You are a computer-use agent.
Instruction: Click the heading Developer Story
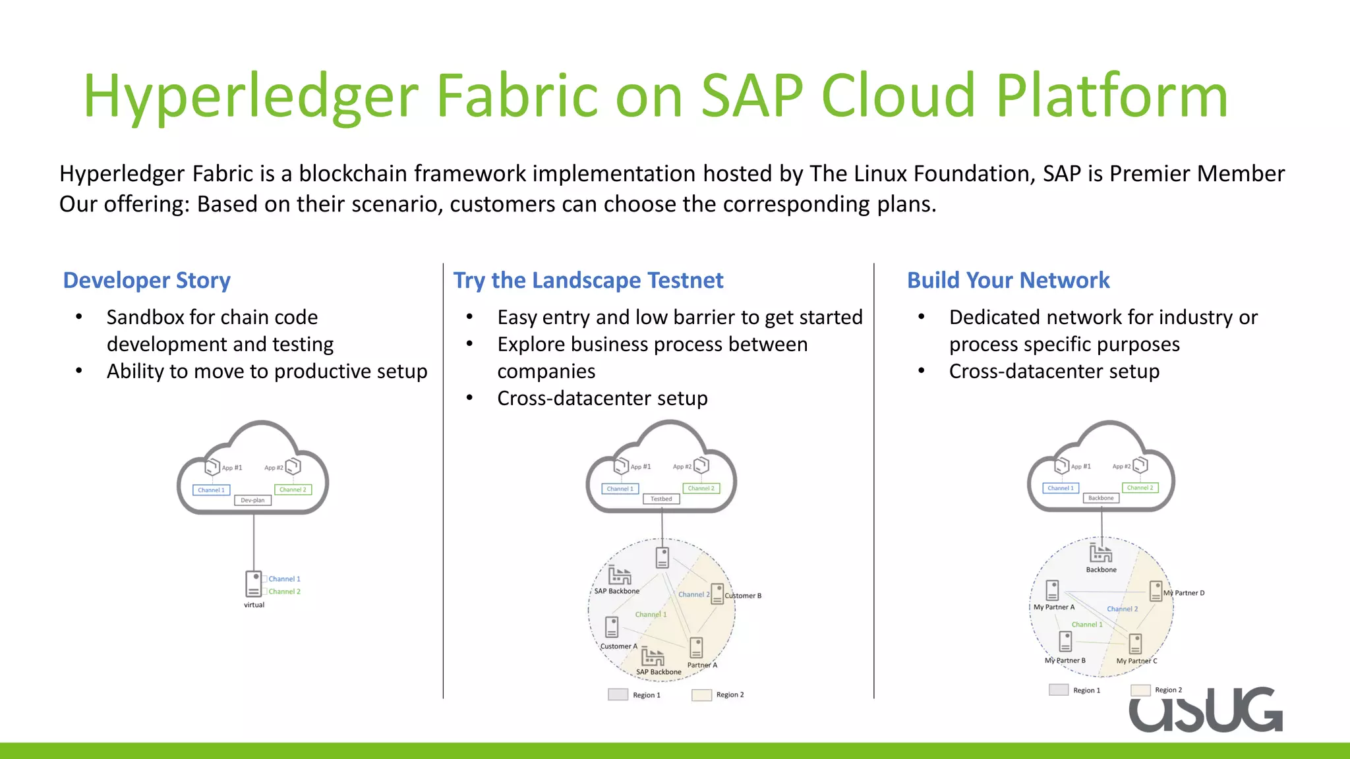[146, 281]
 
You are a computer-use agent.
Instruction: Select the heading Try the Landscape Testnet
[588, 281]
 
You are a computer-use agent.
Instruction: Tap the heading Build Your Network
[1008, 281]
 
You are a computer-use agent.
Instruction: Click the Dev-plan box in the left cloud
[252, 500]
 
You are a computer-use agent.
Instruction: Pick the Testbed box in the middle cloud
[661, 499]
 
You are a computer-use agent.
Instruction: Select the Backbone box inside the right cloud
[1101, 498]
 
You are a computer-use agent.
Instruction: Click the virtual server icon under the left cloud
[253, 584]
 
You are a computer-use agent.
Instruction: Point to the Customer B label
[743, 596]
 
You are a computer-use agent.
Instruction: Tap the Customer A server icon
[612, 627]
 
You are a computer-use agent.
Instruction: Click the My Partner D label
[1184, 593]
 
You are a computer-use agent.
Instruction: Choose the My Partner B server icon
[1065, 640]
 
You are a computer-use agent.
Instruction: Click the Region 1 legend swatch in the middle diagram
[618, 694]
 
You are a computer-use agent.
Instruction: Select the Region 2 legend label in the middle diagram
[730, 694]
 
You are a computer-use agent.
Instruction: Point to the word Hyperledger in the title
[250, 96]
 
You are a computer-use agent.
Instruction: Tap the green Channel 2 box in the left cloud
[293, 490]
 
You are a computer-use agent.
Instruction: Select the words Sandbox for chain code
[212, 318]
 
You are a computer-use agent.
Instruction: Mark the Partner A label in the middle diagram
[702, 665]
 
